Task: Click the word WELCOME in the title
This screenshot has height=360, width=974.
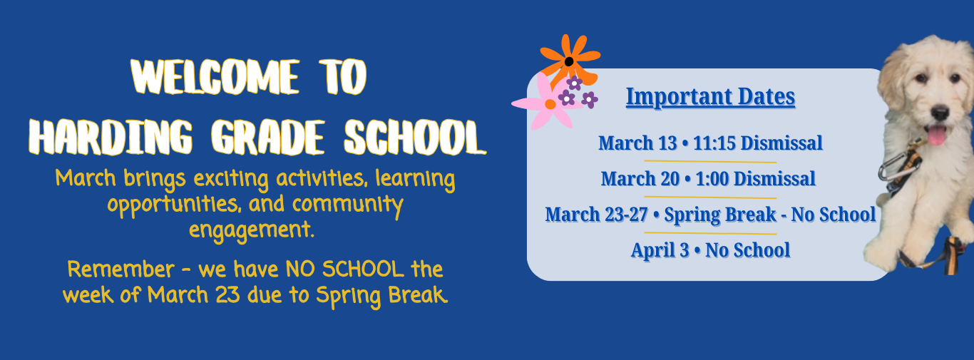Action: [215, 77]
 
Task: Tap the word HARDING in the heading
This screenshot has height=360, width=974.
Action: [111, 137]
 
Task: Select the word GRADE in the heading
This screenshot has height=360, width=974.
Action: [268, 137]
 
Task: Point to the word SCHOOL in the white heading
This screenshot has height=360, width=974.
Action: [415, 137]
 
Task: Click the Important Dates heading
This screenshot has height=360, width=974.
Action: [710, 96]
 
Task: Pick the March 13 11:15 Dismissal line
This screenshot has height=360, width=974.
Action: [710, 143]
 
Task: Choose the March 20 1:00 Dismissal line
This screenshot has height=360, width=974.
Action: [708, 179]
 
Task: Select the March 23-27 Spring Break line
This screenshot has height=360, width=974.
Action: [710, 215]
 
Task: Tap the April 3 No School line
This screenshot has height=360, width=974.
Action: [710, 250]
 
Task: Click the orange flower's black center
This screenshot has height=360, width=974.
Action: [569, 62]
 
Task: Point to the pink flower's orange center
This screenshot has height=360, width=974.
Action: [550, 104]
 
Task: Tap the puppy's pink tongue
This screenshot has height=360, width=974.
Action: [937, 135]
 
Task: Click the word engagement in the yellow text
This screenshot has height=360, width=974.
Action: [251, 230]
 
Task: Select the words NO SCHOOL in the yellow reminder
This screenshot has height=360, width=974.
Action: [345, 269]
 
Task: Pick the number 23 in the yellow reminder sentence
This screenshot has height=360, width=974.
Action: [227, 295]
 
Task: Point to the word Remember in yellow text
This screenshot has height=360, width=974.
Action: [121, 269]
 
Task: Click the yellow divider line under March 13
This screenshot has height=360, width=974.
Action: [710, 162]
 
